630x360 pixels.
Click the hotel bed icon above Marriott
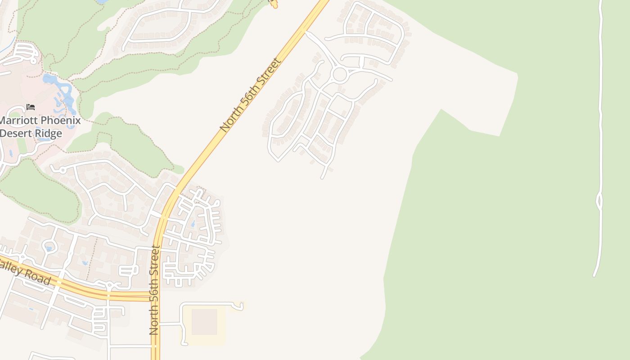(31, 107)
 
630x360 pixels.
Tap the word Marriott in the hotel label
(22, 121)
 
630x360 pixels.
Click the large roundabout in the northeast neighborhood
(339, 74)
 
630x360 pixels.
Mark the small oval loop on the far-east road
(599, 201)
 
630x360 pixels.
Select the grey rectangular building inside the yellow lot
(204, 321)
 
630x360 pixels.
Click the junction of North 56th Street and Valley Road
(156, 296)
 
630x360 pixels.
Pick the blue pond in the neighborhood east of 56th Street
(193, 223)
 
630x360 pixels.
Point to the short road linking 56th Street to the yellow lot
(170, 324)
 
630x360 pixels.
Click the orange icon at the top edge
(273, 4)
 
